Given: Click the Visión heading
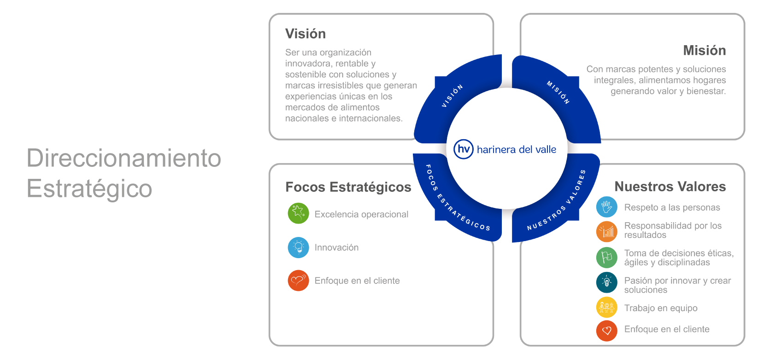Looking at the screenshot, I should pos(305,34).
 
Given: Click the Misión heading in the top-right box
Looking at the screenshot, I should pos(704,50).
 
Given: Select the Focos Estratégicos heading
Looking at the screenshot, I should pos(348,187).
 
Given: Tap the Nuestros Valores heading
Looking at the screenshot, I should pos(670,187).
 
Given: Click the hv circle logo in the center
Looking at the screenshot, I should pos(463,149).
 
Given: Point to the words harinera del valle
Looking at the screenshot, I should pos(516,150).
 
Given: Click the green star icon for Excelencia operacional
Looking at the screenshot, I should pos(298,213).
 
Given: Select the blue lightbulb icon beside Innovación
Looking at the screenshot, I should pos(298,248).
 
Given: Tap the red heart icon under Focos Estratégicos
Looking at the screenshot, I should pos(298,280).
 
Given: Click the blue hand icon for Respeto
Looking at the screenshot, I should pos(606,207).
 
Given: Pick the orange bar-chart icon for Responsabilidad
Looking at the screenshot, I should pos(606,231).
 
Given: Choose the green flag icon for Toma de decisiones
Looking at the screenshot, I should pos(606,258).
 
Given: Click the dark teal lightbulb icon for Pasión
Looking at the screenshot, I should pos(606,283).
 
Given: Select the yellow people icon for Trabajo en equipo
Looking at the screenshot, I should pos(606,307).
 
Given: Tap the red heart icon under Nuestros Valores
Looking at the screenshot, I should pos(606,330).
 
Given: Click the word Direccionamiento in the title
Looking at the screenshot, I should pos(124,158).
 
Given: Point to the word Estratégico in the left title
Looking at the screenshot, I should pos(89,189).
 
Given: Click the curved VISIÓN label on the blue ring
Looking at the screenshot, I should pos(452,96).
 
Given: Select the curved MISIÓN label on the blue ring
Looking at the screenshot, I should pos(558,92).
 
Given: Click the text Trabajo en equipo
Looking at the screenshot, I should pos(660,308).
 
